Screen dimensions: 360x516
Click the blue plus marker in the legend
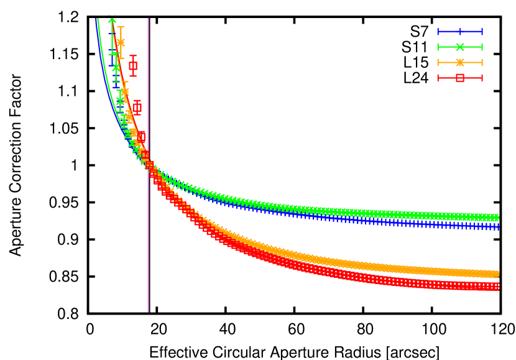[460, 32]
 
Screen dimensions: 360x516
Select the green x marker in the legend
[460, 47]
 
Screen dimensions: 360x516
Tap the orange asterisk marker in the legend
[460, 63]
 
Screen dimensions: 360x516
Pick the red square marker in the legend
[460, 78]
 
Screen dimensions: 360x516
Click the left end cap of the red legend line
[438, 78]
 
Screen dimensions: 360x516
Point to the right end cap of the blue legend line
[482, 32]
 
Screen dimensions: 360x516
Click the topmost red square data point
[133, 66]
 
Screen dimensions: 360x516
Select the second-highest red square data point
[137, 108]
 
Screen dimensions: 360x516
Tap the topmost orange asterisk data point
[121, 43]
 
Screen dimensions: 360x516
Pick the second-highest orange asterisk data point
[124, 91]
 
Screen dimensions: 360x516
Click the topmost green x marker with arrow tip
[112, 21]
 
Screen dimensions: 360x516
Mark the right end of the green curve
[497, 217]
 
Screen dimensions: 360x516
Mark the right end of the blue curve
[497, 227]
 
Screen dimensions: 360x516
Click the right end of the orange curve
[497, 274]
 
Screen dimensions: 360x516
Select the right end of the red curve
[497, 286]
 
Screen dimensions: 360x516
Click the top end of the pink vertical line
[148, 19]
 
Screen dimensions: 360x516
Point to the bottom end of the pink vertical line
[148, 312]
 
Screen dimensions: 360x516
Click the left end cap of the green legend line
[438, 47]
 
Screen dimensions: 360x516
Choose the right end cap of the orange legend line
[482, 63]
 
